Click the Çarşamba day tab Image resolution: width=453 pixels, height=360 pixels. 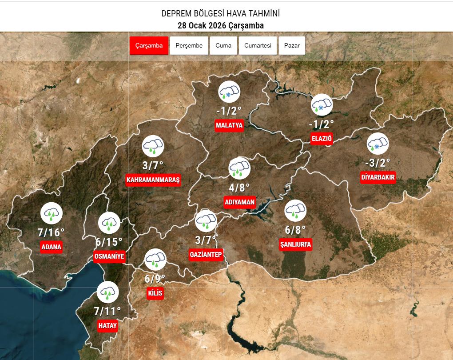pyautogui.click(x=149, y=46)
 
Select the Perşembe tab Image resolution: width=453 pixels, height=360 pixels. pyautogui.click(x=189, y=46)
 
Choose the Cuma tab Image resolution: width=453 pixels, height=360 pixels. pyautogui.click(x=223, y=46)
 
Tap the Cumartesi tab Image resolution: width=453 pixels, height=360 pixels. pyautogui.click(x=258, y=46)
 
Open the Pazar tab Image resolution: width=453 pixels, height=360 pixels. pyautogui.click(x=292, y=46)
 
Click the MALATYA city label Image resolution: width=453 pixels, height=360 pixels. pyautogui.click(x=229, y=125)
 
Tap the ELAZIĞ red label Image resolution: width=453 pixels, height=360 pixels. pyautogui.click(x=322, y=139)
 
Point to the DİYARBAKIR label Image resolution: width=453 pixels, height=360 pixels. pyautogui.click(x=378, y=177)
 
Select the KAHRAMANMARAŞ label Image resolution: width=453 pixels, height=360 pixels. pyautogui.click(x=153, y=180)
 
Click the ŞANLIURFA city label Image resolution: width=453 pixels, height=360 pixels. pyautogui.click(x=295, y=244)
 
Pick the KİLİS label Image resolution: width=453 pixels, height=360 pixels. pyautogui.click(x=155, y=293)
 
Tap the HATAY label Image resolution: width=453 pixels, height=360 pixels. pyautogui.click(x=107, y=326)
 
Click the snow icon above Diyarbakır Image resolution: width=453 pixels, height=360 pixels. pyautogui.click(x=378, y=144)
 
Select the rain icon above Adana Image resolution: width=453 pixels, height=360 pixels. pyautogui.click(x=52, y=214)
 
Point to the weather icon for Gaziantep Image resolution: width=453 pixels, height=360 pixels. pyautogui.click(x=206, y=220)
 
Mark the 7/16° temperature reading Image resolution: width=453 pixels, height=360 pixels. pyautogui.click(x=51, y=232)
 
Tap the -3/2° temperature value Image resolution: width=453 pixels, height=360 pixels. pyautogui.click(x=377, y=163)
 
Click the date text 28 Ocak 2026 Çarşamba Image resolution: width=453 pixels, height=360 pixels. pyautogui.click(x=221, y=25)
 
